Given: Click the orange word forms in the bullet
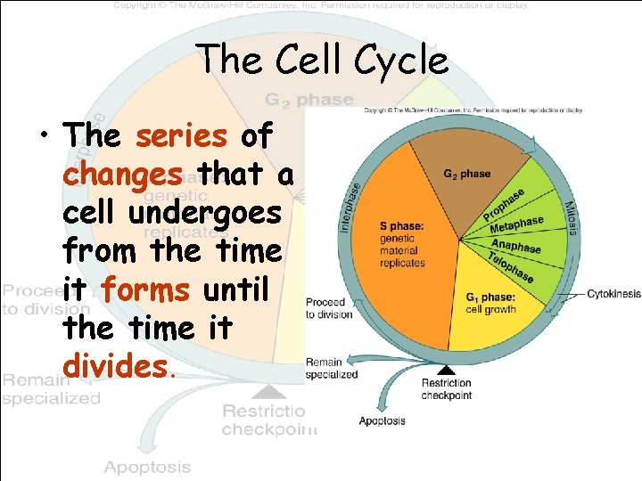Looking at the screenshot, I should coord(145,289).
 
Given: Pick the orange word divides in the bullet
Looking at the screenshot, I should coord(114,365).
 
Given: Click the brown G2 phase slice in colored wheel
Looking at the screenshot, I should coord(463,174).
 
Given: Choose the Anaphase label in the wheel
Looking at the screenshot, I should coord(514,245).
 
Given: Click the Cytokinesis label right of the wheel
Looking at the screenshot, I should coord(613,293).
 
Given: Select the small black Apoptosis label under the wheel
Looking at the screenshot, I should coord(381,420).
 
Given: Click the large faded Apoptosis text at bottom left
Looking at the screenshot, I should coord(147,467).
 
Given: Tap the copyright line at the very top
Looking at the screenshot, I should coord(321,5).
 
